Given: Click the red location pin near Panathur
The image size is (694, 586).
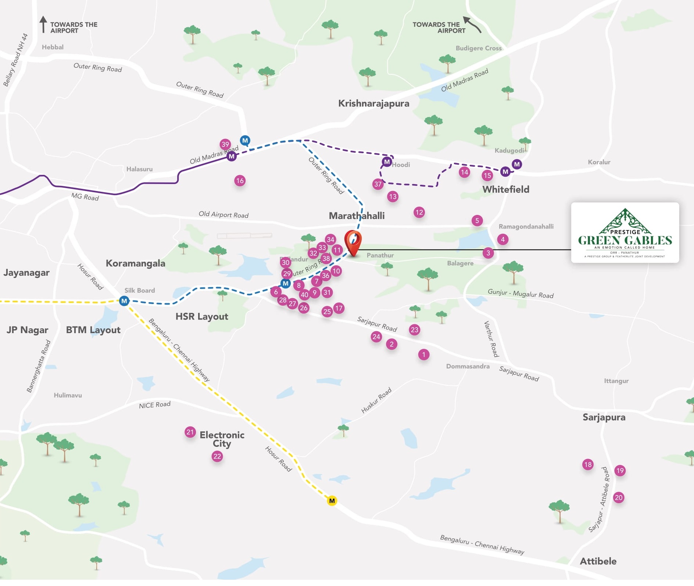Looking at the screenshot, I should [x=353, y=242].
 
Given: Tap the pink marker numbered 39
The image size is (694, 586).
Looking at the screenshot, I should [x=225, y=144].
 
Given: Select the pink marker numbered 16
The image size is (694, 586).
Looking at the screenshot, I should [x=240, y=181].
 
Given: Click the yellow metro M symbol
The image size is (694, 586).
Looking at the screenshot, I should [x=332, y=501].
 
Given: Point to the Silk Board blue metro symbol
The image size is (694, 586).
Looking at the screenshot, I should [x=124, y=301].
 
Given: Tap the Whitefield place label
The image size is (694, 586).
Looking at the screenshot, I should [x=506, y=190].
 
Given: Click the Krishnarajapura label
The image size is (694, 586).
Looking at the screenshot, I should [x=373, y=103].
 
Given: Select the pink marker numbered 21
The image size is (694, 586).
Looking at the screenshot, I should [x=190, y=432].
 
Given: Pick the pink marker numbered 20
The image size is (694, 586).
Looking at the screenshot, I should [x=619, y=498].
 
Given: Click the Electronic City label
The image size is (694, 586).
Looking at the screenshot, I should [x=222, y=439].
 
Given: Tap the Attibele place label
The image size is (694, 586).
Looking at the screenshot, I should [x=598, y=561].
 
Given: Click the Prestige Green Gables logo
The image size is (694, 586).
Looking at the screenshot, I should [x=625, y=233].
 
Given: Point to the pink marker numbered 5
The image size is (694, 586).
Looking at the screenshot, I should [x=477, y=221].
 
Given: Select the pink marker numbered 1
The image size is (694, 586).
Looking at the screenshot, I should [x=423, y=354].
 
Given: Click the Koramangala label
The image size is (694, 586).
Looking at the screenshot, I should [x=135, y=264].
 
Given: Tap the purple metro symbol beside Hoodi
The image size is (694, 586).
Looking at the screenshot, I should [x=386, y=162].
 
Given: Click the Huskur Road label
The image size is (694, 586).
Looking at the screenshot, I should [x=376, y=400].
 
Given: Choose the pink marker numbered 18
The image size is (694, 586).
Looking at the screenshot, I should [x=588, y=465].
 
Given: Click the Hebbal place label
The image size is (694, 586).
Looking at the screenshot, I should [x=53, y=47].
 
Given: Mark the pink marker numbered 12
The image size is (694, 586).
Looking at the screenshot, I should [x=419, y=212].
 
